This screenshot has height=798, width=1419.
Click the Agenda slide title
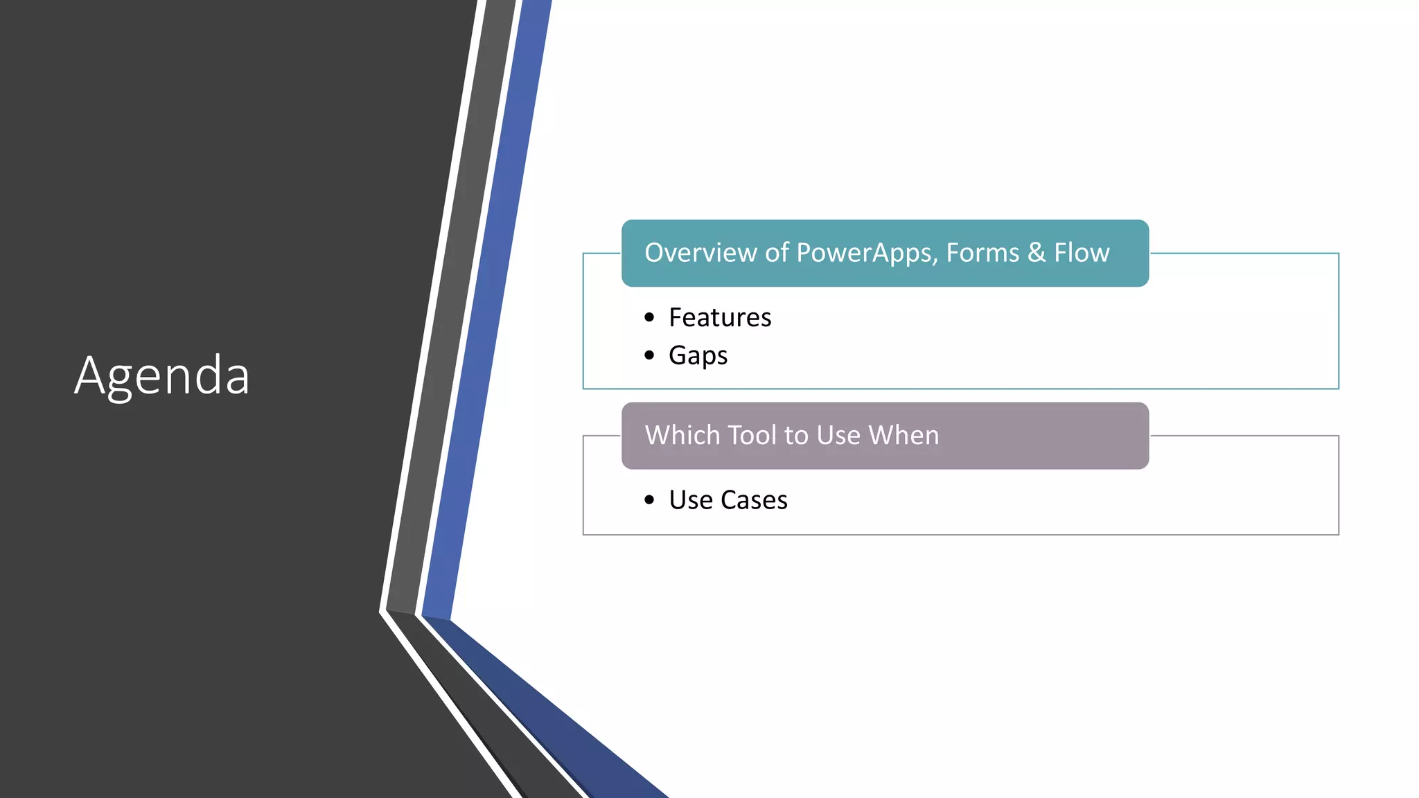[x=162, y=375]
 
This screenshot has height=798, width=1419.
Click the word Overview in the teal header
[x=700, y=253]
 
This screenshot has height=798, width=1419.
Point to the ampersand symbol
[x=1037, y=253]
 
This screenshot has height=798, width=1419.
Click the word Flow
[x=1082, y=253]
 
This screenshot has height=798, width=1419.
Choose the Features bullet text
[x=720, y=317]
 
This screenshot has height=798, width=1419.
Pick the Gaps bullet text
[x=698, y=355]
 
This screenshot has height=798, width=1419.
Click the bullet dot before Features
[x=649, y=317]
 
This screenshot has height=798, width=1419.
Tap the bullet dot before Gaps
[x=649, y=355]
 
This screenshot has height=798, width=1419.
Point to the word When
[x=904, y=435]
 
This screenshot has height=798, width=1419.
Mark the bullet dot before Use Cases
[x=649, y=500]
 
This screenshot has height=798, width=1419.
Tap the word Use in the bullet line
[x=691, y=500]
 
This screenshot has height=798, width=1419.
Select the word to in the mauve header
[x=796, y=435]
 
